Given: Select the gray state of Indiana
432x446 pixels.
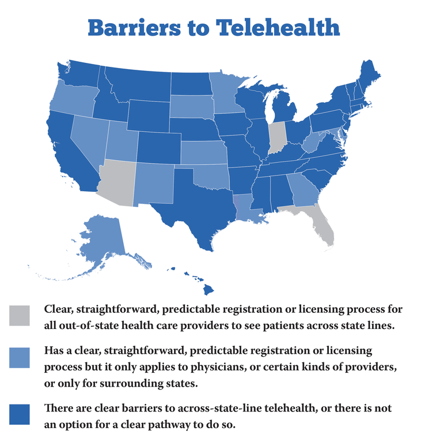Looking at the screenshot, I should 278,137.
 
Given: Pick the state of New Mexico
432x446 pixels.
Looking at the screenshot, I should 155,182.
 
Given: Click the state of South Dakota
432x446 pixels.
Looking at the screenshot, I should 192,106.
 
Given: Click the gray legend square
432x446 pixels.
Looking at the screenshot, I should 20,316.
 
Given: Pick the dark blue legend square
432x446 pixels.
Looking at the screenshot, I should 20,414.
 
